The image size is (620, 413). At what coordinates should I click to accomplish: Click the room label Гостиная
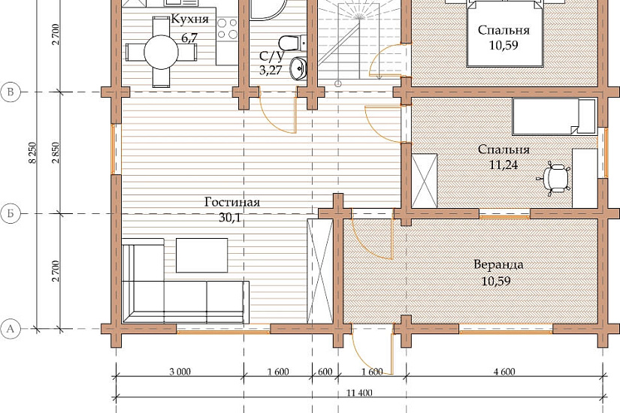click(232, 202)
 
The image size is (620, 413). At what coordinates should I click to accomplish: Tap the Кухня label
click(189, 19)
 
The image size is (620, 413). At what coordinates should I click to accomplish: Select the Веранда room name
click(498, 264)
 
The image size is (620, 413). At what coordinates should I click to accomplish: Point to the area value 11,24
click(504, 164)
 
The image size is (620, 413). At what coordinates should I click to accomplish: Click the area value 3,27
click(271, 71)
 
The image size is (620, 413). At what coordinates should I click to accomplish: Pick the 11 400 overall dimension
click(359, 393)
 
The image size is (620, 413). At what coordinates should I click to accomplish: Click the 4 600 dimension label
click(504, 372)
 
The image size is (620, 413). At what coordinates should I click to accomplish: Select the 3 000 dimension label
click(180, 372)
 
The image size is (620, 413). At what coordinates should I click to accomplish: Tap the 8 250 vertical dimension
click(33, 153)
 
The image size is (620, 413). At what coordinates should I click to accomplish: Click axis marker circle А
click(11, 328)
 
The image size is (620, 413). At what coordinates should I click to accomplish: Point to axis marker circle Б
click(11, 214)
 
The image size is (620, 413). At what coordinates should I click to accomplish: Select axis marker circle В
click(11, 92)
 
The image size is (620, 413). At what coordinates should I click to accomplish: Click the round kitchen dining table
click(161, 52)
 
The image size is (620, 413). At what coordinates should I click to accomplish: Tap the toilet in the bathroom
click(292, 43)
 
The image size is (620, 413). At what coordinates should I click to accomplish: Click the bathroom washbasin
click(298, 69)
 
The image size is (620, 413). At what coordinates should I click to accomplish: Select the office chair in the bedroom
click(554, 178)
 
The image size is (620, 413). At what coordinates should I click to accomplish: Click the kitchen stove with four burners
click(227, 29)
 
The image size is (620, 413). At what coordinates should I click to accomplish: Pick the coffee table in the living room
click(201, 255)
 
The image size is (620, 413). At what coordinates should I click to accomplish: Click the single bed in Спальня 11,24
click(554, 116)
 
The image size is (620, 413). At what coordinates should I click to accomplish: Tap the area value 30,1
click(230, 217)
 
